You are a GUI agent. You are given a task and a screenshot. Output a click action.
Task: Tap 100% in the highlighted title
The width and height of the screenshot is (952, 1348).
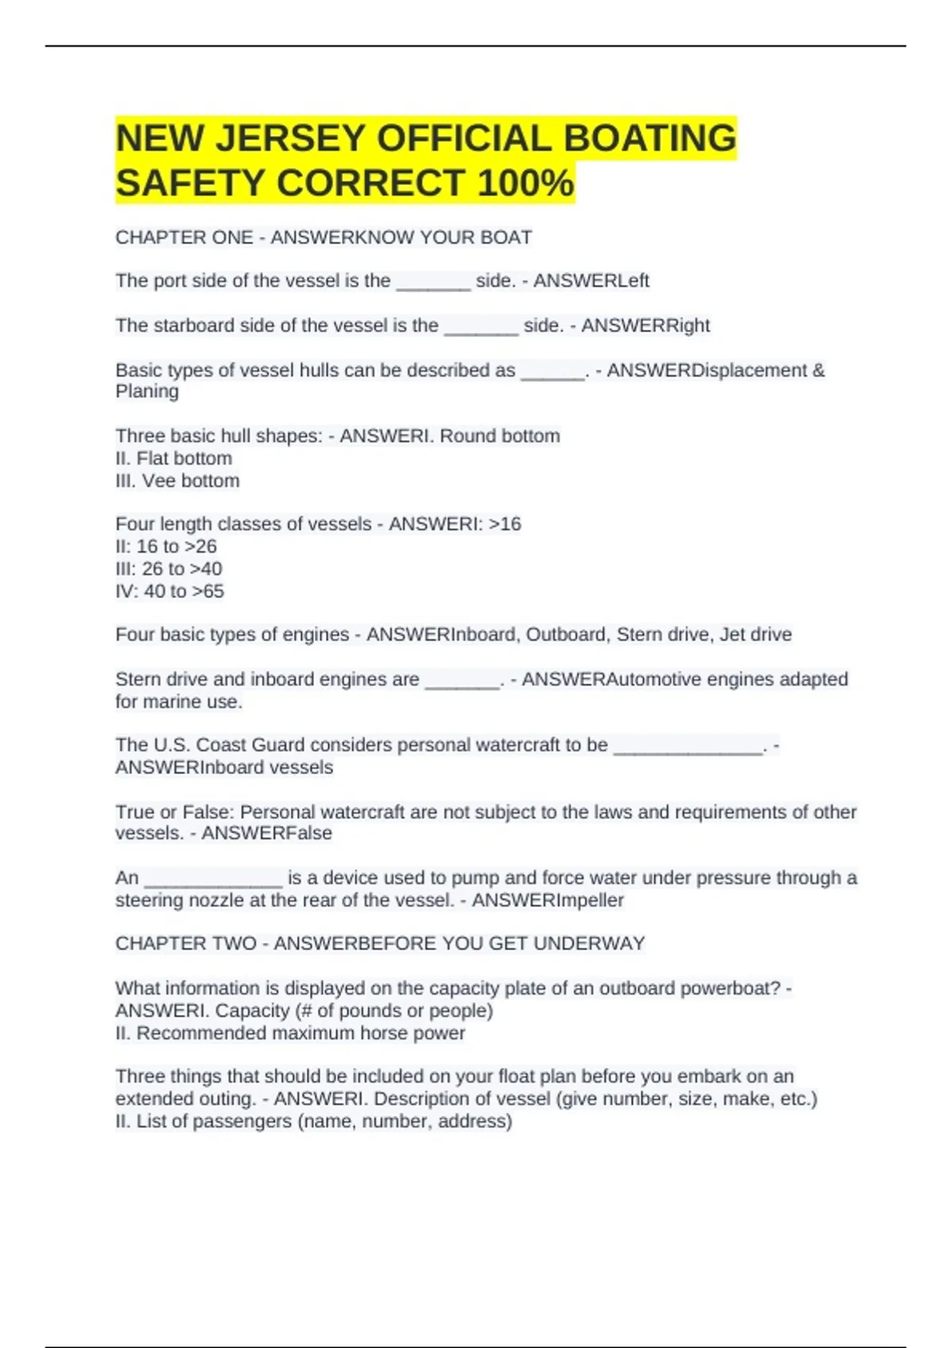pos(525,183)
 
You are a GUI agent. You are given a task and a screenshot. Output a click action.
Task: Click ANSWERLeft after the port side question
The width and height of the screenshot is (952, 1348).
pos(591,281)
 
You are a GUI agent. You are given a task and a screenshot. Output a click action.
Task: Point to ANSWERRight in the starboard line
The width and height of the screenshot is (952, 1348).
pos(645,326)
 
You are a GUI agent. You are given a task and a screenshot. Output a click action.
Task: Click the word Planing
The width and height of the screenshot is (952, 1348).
pos(148,392)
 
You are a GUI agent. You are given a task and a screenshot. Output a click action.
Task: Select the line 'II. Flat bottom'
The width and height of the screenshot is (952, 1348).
pos(174,458)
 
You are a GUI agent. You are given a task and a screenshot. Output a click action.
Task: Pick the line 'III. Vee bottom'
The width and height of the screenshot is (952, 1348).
pos(177,481)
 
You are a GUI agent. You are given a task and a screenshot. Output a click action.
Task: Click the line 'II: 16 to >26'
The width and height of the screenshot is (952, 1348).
pos(166,546)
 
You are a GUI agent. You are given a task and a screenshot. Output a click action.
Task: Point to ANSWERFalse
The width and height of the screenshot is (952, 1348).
pos(267,833)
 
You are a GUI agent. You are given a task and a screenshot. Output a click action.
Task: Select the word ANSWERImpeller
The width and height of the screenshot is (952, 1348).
pos(547,901)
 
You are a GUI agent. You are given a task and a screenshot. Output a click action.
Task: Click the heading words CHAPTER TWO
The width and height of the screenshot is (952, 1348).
pos(186,944)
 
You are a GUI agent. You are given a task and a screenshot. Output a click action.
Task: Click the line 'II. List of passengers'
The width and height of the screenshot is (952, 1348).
pos(313,1121)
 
